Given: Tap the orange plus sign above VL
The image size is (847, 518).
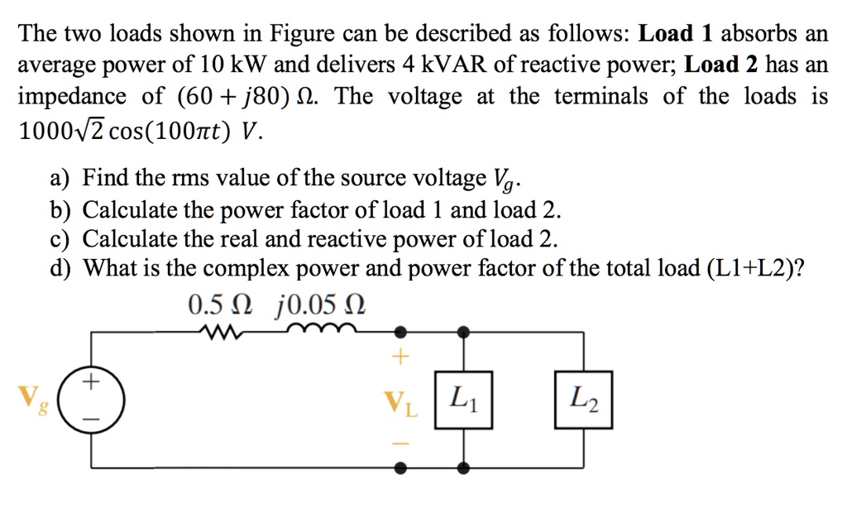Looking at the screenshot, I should click(401, 357).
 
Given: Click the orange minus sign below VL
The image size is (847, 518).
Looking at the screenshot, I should click(401, 444).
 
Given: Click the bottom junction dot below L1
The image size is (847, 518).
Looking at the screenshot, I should click(463, 468).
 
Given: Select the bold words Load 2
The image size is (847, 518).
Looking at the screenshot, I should click(723, 65).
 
